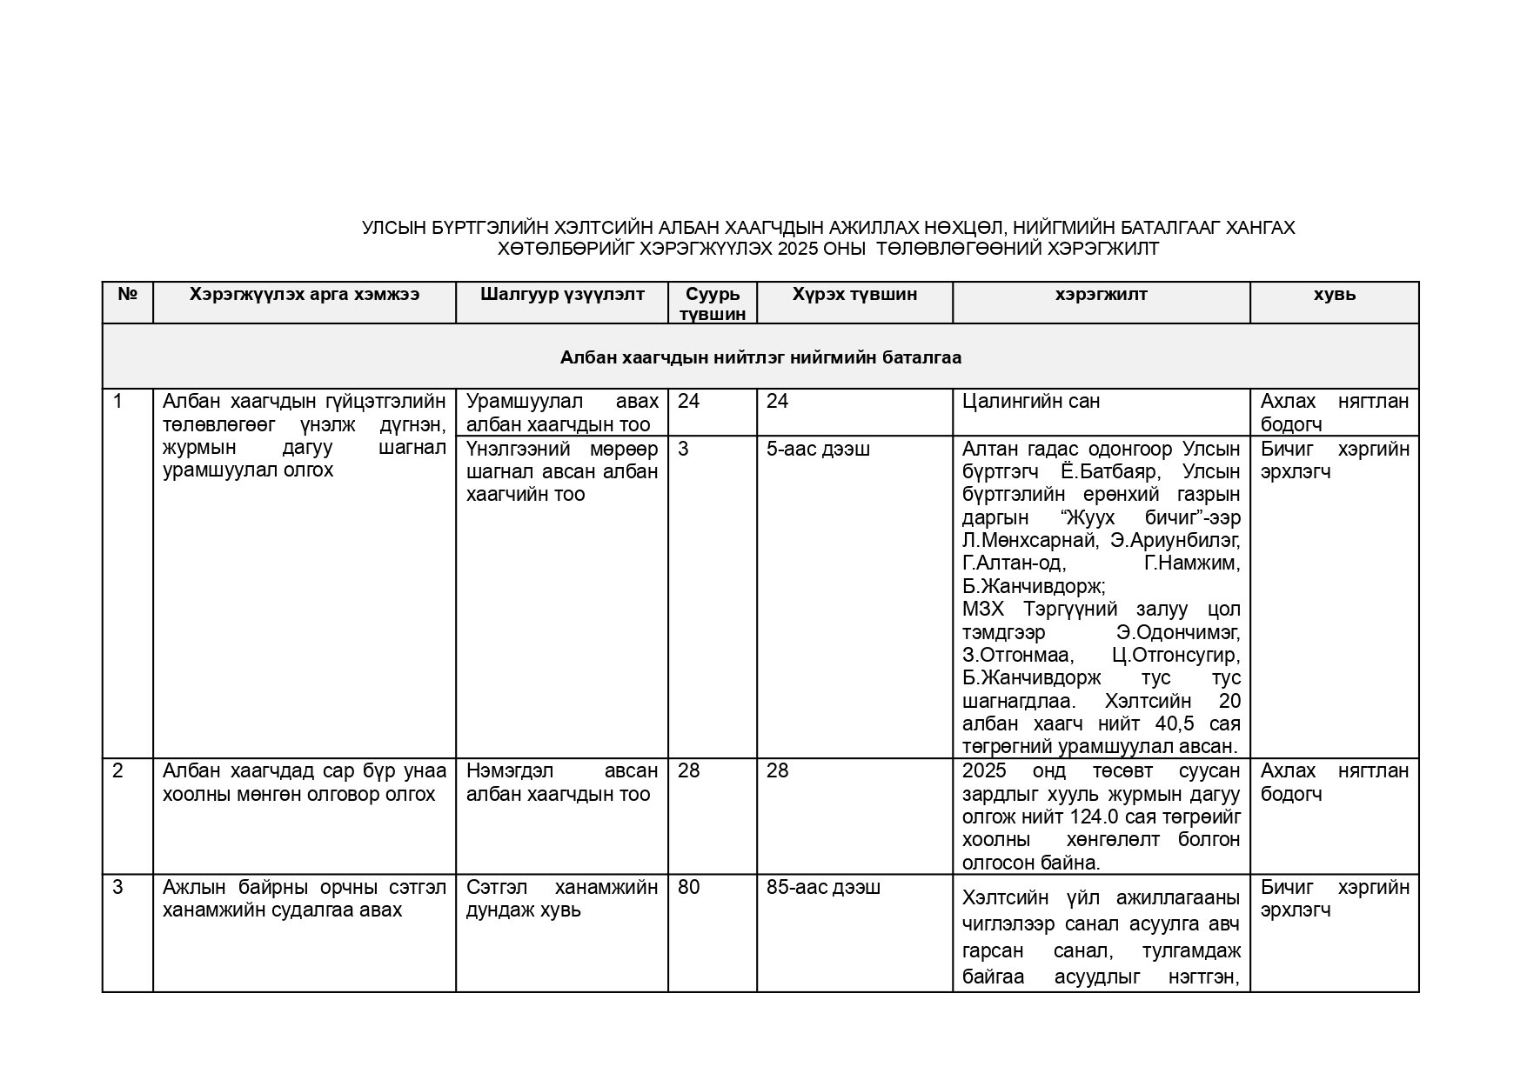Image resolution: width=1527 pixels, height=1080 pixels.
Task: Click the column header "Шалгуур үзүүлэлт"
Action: coord(562,294)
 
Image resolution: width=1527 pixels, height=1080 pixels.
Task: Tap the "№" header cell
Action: coord(128,294)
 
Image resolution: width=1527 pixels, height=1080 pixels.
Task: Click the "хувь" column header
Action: coord(1334,294)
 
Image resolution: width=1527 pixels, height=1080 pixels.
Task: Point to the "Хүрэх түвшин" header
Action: coord(854,294)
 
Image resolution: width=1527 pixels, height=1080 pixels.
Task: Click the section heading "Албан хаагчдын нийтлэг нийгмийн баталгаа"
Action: coord(760,357)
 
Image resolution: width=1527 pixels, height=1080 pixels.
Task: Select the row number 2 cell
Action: coord(118,771)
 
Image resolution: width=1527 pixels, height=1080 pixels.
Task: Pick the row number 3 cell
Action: coord(118,887)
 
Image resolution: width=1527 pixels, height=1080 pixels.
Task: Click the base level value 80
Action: coord(688,887)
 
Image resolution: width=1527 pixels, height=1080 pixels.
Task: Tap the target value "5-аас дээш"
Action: coord(818,449)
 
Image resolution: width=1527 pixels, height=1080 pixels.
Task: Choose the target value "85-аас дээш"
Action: coord(823,887)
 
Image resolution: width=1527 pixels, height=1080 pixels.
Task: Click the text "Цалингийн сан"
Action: coord(1031,401)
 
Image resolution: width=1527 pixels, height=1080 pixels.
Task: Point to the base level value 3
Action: coord(683,449)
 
